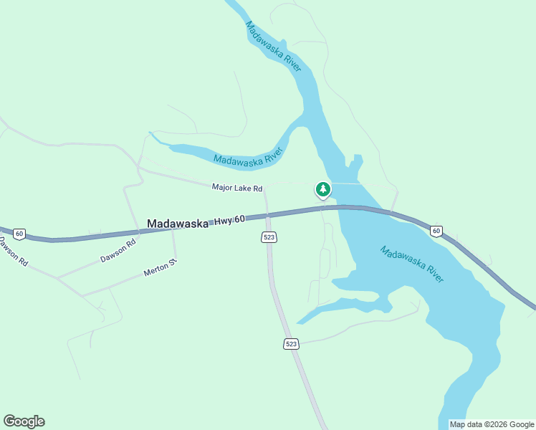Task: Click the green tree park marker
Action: tap(323, 190)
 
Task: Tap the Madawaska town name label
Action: tap(177, 224)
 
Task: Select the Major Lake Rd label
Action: tap(237, 188)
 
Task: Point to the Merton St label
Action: tap(160, 269)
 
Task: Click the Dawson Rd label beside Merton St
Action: tap(118, 251)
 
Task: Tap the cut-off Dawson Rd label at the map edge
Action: tap(13, 252)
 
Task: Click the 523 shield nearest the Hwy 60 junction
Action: tap(269, 237)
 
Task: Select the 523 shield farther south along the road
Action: tap(290, 345)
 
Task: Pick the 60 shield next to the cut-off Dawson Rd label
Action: tap(19, 234)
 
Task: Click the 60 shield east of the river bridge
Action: tap(436, 230)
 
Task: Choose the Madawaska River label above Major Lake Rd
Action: tap(249, 157)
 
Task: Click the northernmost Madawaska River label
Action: tap(273, 47)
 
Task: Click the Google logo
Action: tap(24, 421)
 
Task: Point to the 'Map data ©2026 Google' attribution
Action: tap(492, 424)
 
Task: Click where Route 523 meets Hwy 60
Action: tap(267, 214)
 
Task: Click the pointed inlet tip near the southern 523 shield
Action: tap(297, 323)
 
